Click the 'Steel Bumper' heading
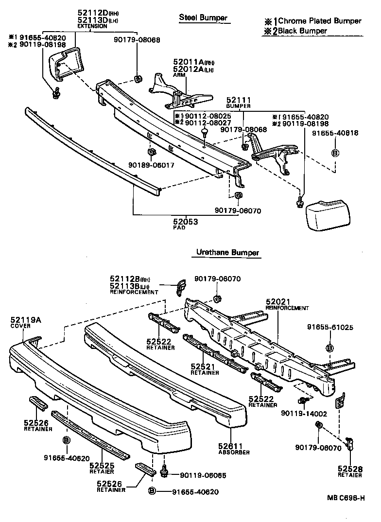tap(203, 18)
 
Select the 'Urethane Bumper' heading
tap(227, 253)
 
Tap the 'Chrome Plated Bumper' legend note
tap(313, 21)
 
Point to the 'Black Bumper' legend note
tap(295, 31)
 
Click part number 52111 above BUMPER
tap(238, 99)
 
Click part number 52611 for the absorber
tap(230, 446)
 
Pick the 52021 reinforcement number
tap(277, 302)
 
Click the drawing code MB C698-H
tap(345, 498)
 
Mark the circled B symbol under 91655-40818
tap(335, 153)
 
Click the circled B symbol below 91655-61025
tap(329, 348)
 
